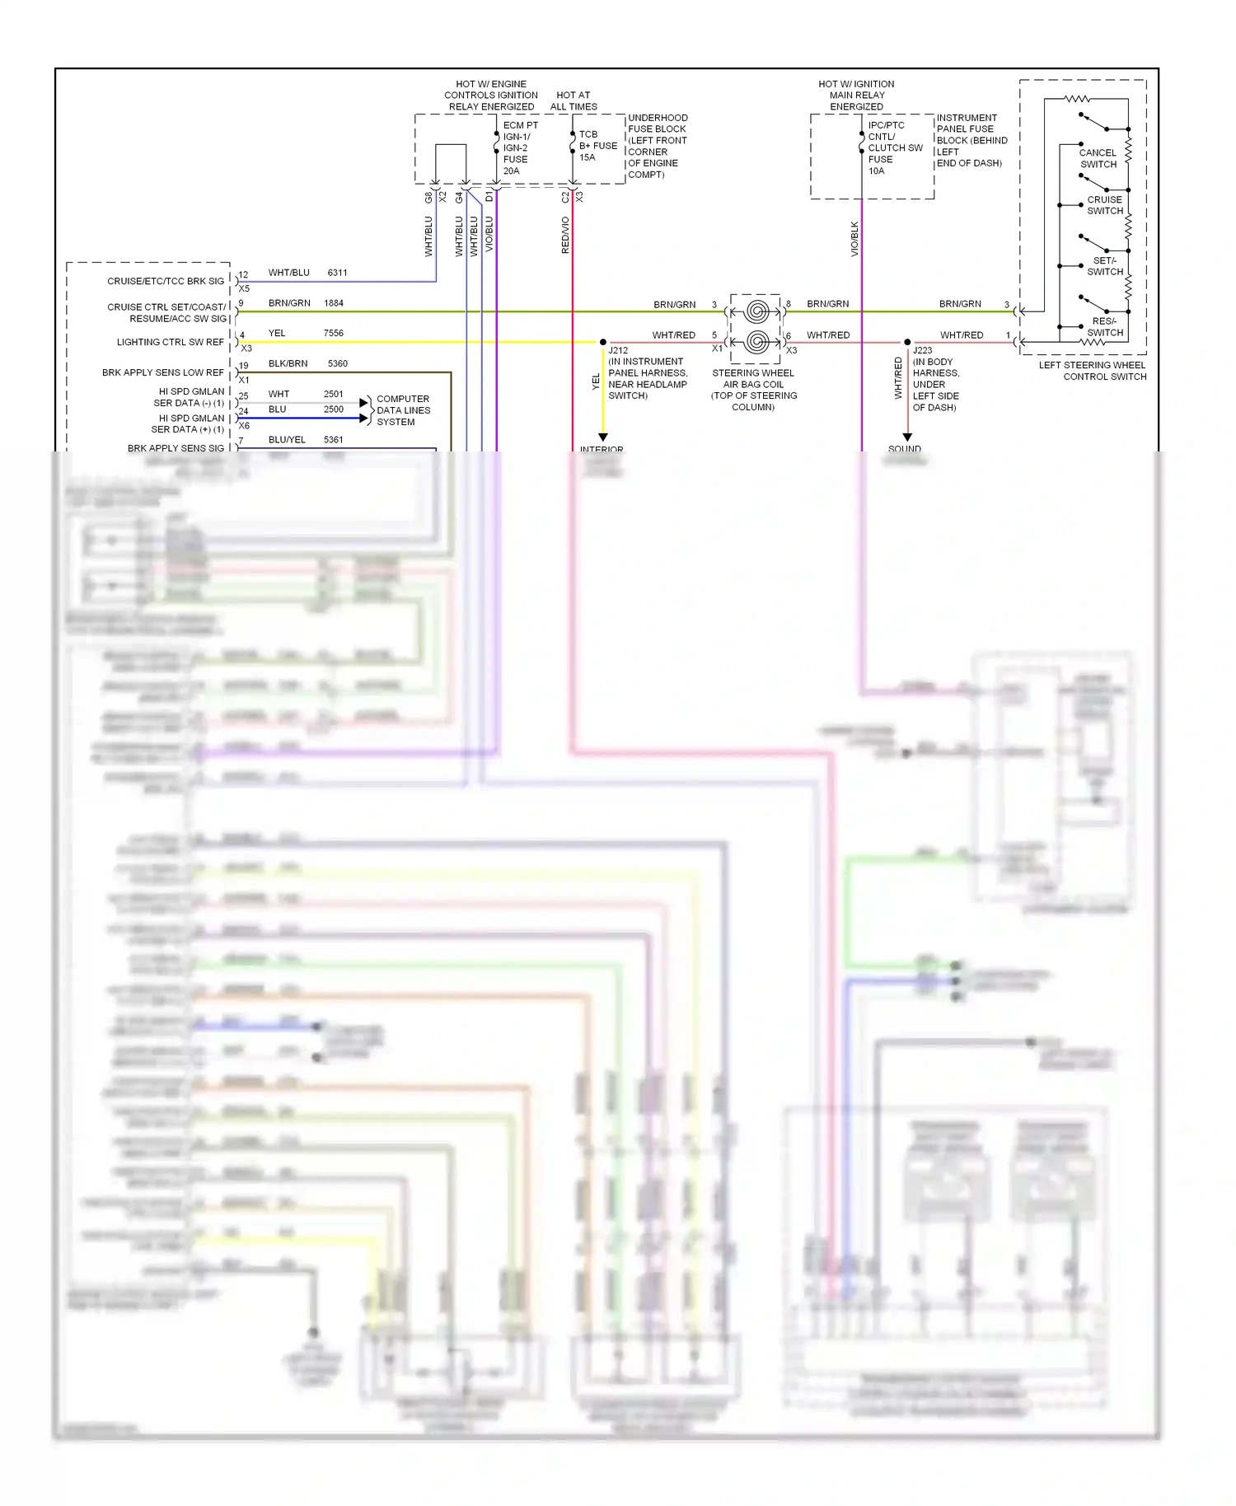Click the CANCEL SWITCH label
point(1098,158)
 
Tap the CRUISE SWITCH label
point(1104,205)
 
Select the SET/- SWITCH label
point(1104,266)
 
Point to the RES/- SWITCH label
point(1104,327)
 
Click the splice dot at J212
point(603,342)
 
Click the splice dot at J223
point(907,342)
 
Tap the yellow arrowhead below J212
point(603,437)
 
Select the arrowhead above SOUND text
point(907,437)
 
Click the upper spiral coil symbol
point(756,312)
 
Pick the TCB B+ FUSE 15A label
point(597,146)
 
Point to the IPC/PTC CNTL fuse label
point(894,148)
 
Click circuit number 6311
point(337,273)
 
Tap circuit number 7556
point(333,334)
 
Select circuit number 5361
point(333,440)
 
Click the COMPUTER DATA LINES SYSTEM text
point(403,410)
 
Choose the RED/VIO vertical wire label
point(565,235)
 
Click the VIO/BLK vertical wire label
point(854,239)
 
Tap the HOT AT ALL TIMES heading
point(573,101)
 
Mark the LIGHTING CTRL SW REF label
point(170,342)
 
